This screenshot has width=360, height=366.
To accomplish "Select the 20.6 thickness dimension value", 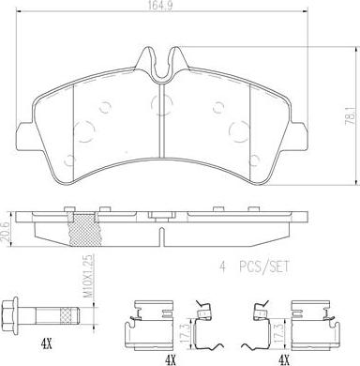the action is [5, 230].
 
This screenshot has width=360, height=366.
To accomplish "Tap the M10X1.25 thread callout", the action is [89, 276].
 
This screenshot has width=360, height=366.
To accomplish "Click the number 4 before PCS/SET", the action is [222, 267].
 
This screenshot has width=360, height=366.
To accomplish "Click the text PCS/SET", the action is [264, 267].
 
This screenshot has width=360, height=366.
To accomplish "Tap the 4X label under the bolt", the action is [46, 344].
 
